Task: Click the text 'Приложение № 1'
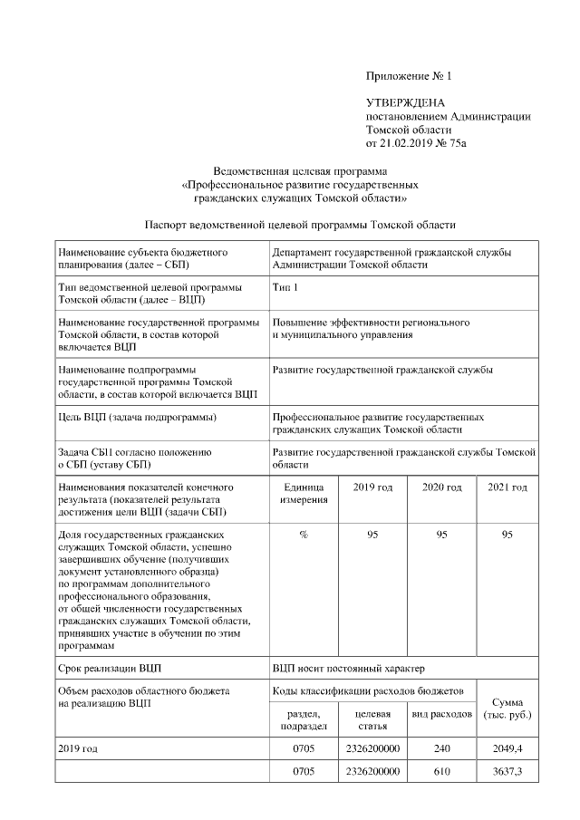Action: [408, 76]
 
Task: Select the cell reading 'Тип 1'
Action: [285, 287]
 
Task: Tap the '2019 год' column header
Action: [372, 487]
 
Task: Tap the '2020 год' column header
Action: [441, 487]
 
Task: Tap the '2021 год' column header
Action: [507, 487]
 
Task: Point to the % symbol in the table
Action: [303, 535]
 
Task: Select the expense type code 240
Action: [441, 749]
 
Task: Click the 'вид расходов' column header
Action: [441, 715]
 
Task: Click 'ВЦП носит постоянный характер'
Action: [348, 669]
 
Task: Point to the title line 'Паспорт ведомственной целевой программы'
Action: [300, 224]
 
